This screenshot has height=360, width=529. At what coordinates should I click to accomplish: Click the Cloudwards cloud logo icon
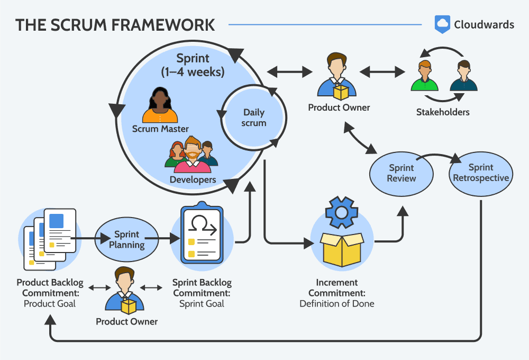pos(442,24)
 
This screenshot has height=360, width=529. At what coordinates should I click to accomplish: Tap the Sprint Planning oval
pos(126,239)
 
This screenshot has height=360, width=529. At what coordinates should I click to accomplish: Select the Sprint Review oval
pos(401,173)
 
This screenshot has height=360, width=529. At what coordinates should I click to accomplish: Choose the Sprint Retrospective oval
pos(480,173)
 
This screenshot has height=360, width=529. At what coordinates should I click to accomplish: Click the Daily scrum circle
pos(254,118)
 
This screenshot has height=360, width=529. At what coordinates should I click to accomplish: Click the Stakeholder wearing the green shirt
pos(424,76)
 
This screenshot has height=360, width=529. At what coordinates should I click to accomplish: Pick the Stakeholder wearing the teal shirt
pos(463,76)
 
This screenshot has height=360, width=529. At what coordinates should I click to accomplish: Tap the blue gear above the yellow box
pos(342,213)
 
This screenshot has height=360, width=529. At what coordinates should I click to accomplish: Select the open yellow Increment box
pos(342,249)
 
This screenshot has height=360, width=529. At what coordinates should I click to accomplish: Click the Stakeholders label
pos(443,112)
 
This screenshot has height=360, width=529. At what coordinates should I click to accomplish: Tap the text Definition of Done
pos(337,304)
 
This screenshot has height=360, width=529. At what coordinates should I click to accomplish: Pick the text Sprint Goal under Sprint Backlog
pos(202,304)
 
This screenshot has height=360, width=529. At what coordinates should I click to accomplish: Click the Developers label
pos(193,180)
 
